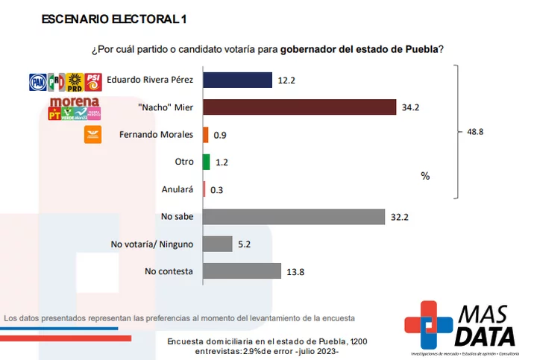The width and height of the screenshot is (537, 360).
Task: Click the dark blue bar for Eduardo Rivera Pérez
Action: click(237, 80)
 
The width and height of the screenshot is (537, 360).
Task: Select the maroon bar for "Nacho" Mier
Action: click(299, 107)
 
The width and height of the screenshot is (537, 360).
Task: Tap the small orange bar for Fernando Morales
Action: click(205, 135)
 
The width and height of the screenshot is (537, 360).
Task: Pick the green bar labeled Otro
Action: click(206, 162)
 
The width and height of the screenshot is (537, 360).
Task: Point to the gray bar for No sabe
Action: click(293, 217)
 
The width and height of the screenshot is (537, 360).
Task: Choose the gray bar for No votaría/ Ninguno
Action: click(218, 244)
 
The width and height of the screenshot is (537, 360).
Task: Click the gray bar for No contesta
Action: click(242, 271)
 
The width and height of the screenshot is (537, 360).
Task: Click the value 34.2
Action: click(411, 108)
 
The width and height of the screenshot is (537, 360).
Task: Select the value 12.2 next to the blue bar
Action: click(287, 80)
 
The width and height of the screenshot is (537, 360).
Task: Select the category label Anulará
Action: click(178, 189)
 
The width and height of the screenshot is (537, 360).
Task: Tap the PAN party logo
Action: click(37, 82)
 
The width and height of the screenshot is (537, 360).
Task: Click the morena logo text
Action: click(74, 101)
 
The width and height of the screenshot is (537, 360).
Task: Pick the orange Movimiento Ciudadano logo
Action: click(92, 135)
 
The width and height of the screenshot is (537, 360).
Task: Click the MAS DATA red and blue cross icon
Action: click(429, 323)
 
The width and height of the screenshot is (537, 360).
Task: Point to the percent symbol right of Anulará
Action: click(425, 177)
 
